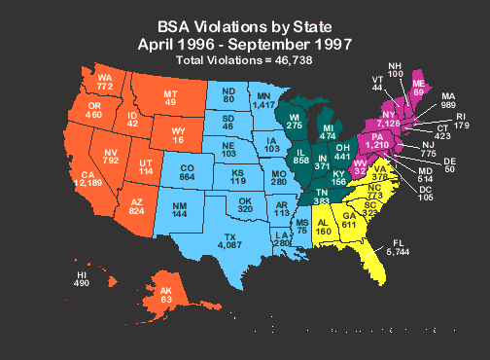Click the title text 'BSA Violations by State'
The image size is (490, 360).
[x=245, y=28]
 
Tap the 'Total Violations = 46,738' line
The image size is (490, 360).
[x=245, y=60]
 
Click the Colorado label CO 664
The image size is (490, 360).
[x=189, y=174]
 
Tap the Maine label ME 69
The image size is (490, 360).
[x=419, y=86]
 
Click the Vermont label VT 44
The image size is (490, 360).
[x=376, y=83]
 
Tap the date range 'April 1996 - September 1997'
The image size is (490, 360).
[x=245, y=45]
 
